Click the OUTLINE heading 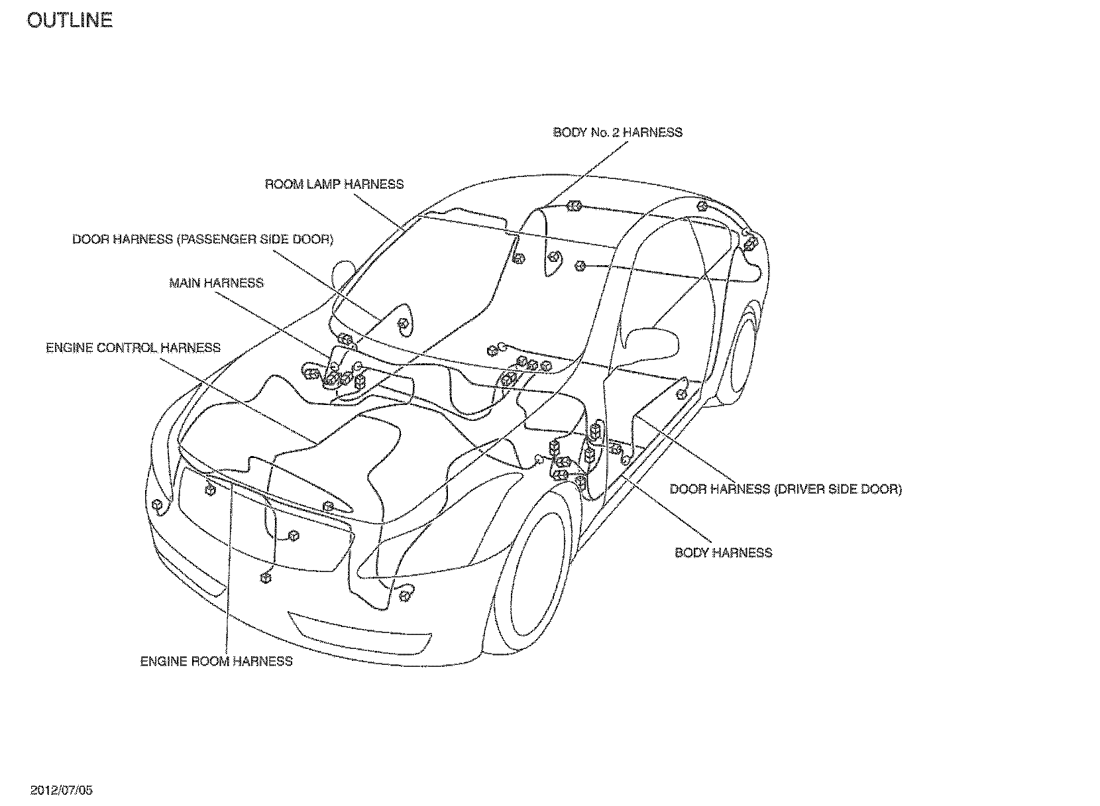click(x=70, y=21)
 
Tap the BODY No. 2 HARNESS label click(x=618, y=133)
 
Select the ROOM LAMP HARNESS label click(x=334, y=184)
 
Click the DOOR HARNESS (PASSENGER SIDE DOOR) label click(x=203, y=239)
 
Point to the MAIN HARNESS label click(x=216, y=283)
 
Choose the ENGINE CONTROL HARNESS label click(x=133, y=348)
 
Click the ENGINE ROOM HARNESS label click(x=216, y=662)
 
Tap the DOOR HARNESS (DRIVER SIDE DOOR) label click(x=785, y=490)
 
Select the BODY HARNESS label click(x=723, y=553)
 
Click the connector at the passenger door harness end click(x=402, y=323)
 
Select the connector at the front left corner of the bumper click(x=157, y=506)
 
